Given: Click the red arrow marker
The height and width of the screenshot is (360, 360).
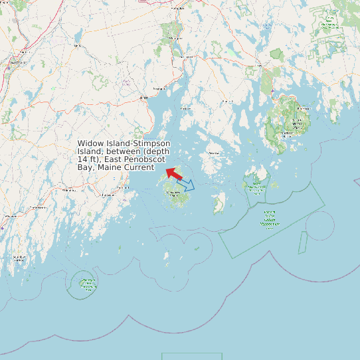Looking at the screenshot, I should pyautogui.click(x=173, y=173).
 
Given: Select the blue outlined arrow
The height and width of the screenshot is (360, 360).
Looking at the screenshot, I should pyautogui.click(x=186, y=185).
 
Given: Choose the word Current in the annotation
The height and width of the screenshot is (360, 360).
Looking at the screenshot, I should pyautogui.click(x=135, y=167).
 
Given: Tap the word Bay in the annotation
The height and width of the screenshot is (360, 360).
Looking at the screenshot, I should pyautogui.click(x=84, y=167).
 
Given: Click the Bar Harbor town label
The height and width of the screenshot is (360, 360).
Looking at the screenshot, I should pyautogui.click(x=303, y=108).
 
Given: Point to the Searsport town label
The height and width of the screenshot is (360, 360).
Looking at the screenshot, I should pyautogui.click(x=159, y=88).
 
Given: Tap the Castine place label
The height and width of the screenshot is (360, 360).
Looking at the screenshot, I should pyautogui.click(x=185, y=108).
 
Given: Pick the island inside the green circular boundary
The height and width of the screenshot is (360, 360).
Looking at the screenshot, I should pyautogui.click(x=87, y=284).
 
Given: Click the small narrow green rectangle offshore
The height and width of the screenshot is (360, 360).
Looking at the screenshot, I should pyautogui.click(x=302, y=242).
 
